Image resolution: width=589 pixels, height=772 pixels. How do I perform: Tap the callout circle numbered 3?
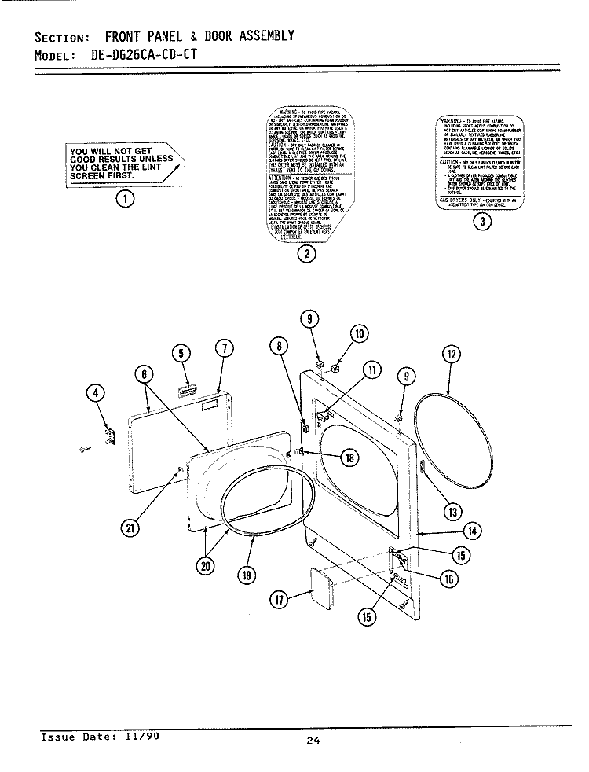[x=484, y=221]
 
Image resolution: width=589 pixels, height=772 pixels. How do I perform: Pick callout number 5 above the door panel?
[x=182, y=355]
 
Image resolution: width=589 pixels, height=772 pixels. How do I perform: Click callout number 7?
[x=223, y=348]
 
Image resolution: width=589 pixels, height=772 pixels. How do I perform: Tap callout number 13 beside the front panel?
[x=452, y=512]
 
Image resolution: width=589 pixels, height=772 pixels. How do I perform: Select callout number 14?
[x=471, y=531]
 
